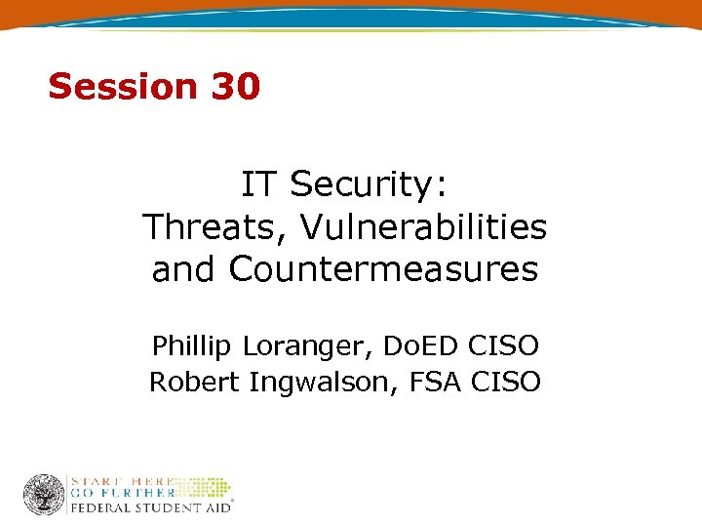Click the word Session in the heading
coord(122,87)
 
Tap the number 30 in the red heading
coord(234,87)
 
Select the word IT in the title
coord(257,183)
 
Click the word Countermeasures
coord(383,268)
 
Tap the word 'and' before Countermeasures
coord(184,268)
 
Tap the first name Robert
coord(194,383)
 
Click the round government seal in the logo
coord(43,495)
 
